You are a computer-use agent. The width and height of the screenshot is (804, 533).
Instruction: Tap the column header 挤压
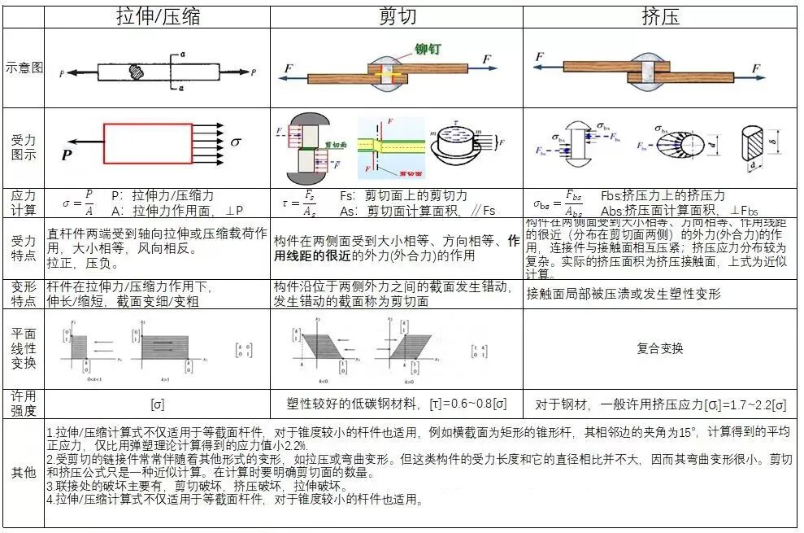(x=660, y=16)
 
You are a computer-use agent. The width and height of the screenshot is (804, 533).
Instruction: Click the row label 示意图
(x=23, y=68)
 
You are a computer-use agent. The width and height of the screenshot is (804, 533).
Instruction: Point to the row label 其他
(x=23, y=473)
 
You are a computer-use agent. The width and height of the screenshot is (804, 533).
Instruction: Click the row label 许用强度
(x=23, y=404)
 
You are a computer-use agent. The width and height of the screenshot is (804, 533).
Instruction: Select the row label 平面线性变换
(x=23, y=348)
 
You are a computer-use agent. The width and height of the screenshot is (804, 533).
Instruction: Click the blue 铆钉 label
(x=428, y=49)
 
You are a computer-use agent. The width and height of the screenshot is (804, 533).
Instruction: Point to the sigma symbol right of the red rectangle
(x=236, y=142)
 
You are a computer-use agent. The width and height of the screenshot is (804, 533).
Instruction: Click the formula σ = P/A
(x=78, y=203)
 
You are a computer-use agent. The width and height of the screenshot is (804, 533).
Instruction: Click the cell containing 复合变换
(x=659, y=348)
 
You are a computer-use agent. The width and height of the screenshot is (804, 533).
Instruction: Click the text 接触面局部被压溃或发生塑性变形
(x=624, y=294)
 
